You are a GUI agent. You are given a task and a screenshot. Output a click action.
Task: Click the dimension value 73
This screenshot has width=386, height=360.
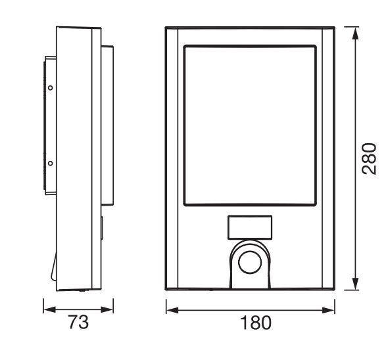(78, 322)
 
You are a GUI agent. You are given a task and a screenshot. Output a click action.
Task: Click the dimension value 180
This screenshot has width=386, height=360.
(255, 323)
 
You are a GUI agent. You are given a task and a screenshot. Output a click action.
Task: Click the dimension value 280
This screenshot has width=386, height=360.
(370, 159)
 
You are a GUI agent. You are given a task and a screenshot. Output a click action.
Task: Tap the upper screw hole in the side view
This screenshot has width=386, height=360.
(51, 88)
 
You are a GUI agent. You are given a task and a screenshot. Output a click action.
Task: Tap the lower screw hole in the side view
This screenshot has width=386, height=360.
(51, 163)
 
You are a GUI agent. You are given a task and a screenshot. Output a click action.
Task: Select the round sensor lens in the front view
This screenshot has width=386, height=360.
(250, 262)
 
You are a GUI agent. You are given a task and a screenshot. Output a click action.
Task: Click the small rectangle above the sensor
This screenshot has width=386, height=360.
(250, 227)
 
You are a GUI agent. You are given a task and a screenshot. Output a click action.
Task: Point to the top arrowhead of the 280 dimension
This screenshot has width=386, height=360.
(355, 34)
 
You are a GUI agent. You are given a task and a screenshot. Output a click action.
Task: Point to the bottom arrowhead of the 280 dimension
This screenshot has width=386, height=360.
(355, 284)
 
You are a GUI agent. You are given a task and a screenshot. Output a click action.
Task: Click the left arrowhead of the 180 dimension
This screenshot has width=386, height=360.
(172, 310)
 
